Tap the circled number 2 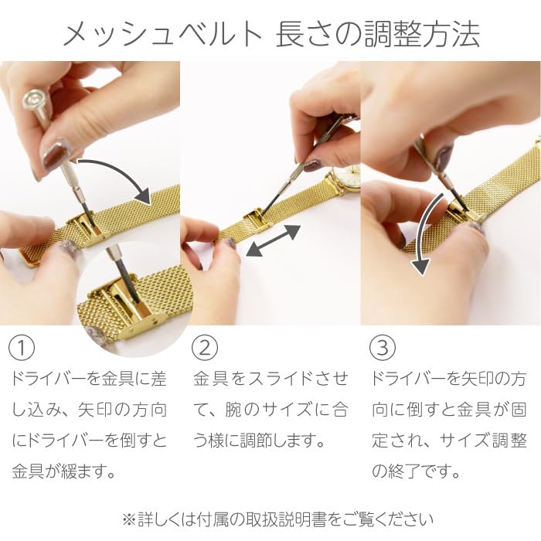click(205, 348)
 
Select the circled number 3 click(383, 348)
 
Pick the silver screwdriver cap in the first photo click(35, 101)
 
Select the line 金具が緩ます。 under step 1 click(63, 471)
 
